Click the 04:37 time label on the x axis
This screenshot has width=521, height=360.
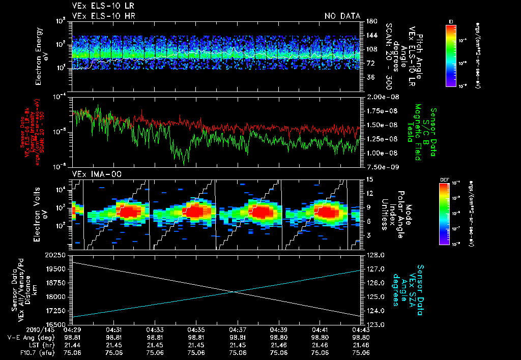point(238,329)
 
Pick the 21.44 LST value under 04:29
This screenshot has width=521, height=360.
point(72,344)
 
